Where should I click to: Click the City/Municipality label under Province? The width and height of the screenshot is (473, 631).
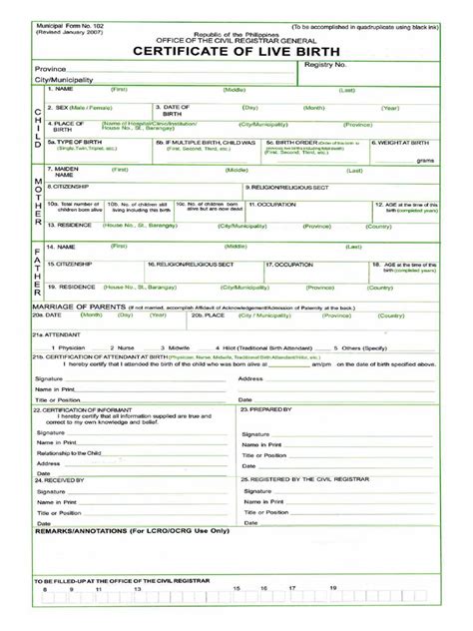[65, 79]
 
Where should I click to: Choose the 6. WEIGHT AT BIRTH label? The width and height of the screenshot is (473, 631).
[403, 142]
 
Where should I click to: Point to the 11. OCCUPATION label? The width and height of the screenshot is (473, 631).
[275, 203]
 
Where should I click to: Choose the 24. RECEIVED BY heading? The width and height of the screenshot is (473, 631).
[64, 478]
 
